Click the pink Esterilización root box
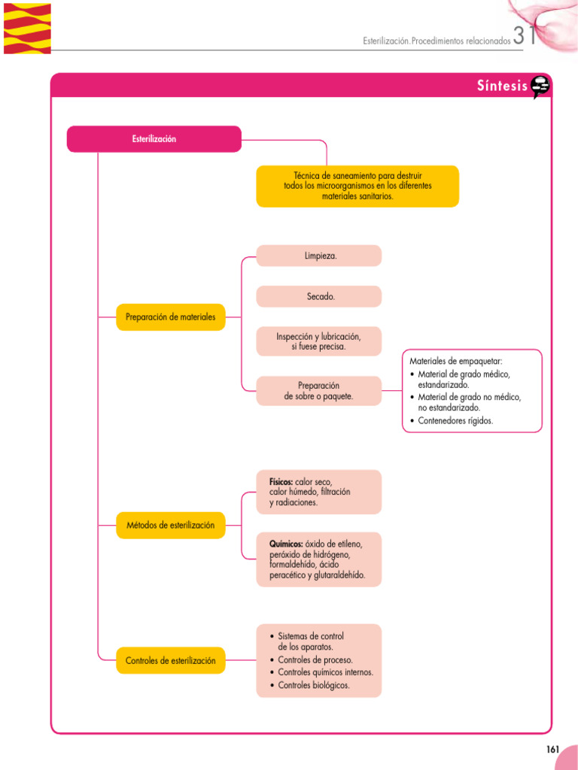[x=154, y=139]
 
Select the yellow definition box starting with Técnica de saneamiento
[x=357, y=186]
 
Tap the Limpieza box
[x=319, y=256]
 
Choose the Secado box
[x=319, y=296]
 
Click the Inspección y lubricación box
[x=319, y=341]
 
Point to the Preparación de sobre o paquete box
[x=319, y=390]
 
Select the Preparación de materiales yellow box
[x=170, y=317]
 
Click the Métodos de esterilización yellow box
[x=170, y=525]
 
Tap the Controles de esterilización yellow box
[x=170, y=660]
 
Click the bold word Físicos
[x=281, y=481]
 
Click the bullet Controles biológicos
[x=313, y=685]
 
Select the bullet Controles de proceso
[x=315, y=659]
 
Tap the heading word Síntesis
[x=502, y=86]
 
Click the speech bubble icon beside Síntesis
[x=540, y=87]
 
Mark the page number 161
[x=552, y=749]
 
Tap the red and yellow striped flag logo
[x=27, y=27]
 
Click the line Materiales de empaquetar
[x=455, y=361]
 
